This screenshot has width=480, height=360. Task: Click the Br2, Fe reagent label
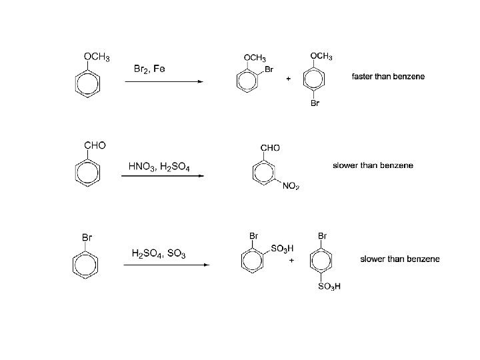pos(150,69)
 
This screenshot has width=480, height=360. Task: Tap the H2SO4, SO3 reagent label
pos(159,253)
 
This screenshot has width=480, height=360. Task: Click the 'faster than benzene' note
pos(387,77)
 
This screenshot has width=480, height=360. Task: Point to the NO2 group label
pos(291,186)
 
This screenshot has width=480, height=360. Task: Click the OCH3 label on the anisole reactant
pos(96,56)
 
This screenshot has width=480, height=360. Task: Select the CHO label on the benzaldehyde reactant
pos(95,145)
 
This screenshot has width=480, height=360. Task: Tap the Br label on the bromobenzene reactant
pos(87,236)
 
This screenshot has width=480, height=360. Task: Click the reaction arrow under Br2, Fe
pos(163,81)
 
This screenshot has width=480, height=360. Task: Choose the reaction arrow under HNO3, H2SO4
pos(163,177)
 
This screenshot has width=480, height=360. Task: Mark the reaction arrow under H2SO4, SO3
pos(167,265)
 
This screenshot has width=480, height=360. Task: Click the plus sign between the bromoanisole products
pos(288,79)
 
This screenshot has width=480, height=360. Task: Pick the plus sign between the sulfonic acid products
pos(291,260)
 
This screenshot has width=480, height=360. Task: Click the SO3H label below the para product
pos(329,287)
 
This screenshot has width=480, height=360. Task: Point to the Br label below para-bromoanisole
pos(315,104)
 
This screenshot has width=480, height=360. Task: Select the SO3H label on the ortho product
pos(283,249)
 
